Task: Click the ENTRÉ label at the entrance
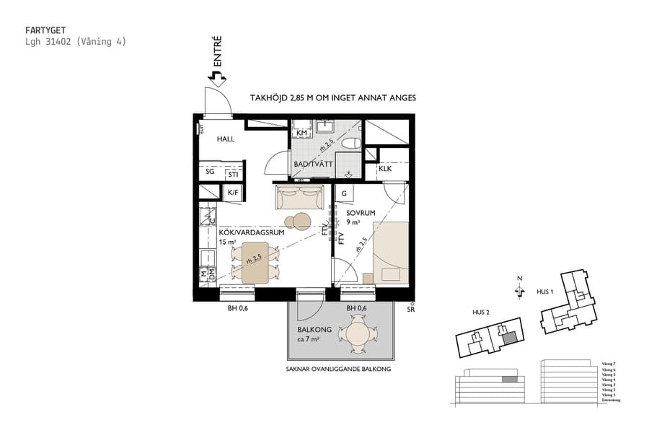217,52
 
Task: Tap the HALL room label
226,139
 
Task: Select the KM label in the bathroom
302,134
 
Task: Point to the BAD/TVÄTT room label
313,165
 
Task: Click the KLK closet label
385,169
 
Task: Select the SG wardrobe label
210,172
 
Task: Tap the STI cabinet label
233,174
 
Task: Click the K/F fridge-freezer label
233,193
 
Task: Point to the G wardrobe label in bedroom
344,193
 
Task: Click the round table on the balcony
358,334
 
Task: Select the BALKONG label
314,329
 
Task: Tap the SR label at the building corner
411,309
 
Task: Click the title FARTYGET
45,30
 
